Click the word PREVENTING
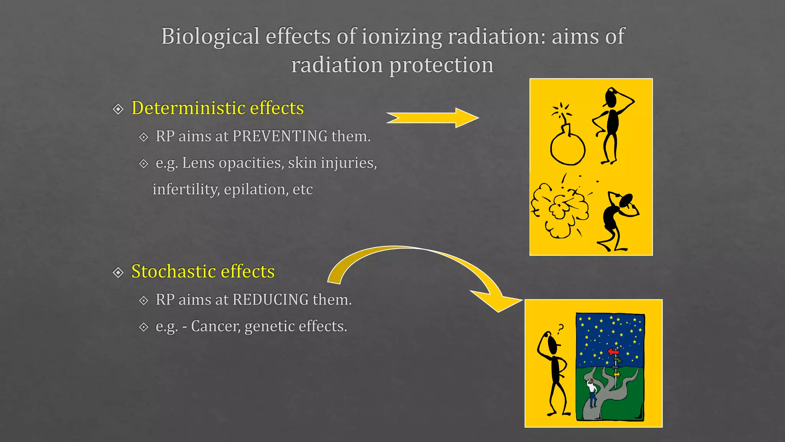pos(280,136)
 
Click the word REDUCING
pos(270,300)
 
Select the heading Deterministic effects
pos(217,108)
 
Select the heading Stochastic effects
pos(203,271)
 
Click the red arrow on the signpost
pos(613,351)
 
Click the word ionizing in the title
pos(402,36)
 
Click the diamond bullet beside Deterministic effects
pos(118,109)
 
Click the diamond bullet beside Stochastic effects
pos(118,272)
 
